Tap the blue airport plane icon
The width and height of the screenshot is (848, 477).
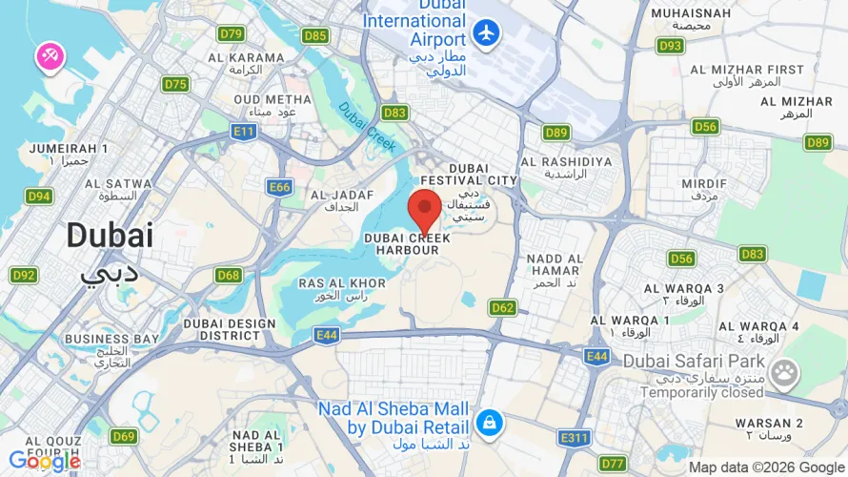coord(487,31)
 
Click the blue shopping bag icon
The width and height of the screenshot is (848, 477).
coord(489,421)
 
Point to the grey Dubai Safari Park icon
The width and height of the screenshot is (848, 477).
coord(785,373)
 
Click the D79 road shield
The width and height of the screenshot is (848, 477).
coord(231,33)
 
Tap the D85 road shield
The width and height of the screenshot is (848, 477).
coord(315,36)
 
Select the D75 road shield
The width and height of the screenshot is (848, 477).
coord(175,84)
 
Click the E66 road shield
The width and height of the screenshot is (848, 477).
coord(279,187)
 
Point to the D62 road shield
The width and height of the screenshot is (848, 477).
coord(503,307)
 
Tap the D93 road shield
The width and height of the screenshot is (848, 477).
coord(671,45)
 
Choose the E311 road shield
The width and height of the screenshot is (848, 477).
coord(574,438)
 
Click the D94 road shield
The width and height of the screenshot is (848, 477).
coord(39,197)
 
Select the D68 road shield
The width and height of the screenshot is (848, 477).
coord(228,275)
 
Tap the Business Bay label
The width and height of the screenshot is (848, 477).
coord(111,344)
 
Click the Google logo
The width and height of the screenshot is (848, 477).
coord(44,461)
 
